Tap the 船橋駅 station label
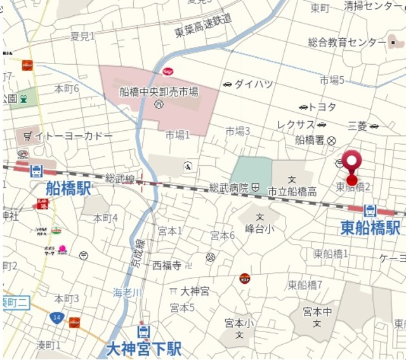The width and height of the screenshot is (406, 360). point(68,189)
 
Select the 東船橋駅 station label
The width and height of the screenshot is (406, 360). point(370,227)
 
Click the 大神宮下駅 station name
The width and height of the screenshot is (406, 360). point(144,349)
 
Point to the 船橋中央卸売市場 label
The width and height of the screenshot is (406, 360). point(159,91)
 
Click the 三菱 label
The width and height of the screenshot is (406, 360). point(358,126)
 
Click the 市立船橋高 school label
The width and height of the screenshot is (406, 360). point(292,191)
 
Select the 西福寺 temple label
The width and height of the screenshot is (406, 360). point(167,265)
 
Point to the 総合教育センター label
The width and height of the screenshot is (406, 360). point(346,43)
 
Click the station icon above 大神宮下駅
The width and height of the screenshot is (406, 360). point(144,331)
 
